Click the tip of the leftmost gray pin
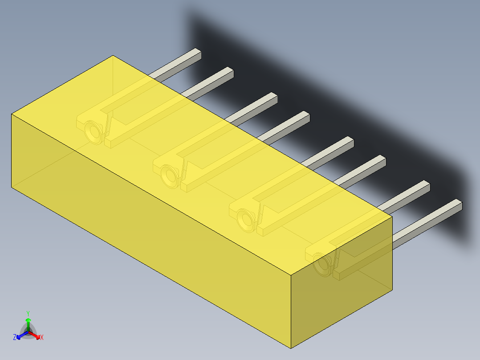[196, 54]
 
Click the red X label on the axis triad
[42, 338]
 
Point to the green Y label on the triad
[28, 313]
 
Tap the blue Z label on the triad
[15, 338]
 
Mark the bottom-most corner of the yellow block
[291, 348]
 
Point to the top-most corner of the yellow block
[113, 56]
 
